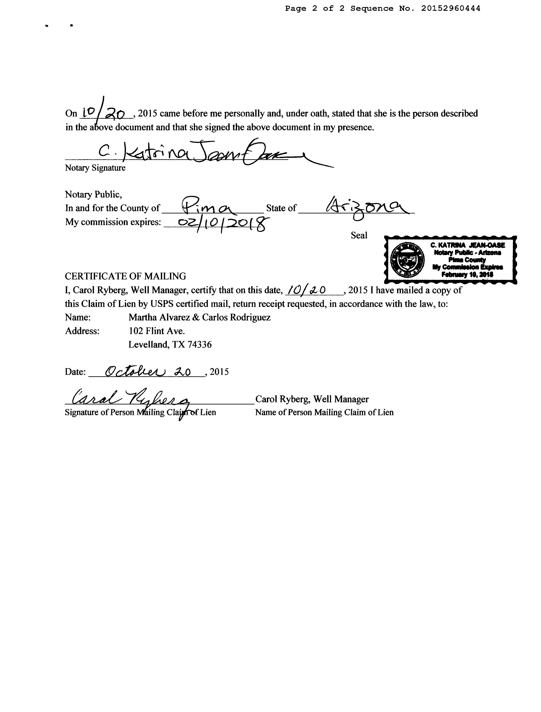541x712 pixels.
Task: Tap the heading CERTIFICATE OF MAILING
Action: pos(125,276)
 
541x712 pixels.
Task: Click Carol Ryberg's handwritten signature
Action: pos(129,400)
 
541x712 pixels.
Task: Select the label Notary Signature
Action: pos(95,168)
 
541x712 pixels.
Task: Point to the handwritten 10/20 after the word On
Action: pos(103,112)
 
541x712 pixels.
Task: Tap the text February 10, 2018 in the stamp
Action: pos(467,275)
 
